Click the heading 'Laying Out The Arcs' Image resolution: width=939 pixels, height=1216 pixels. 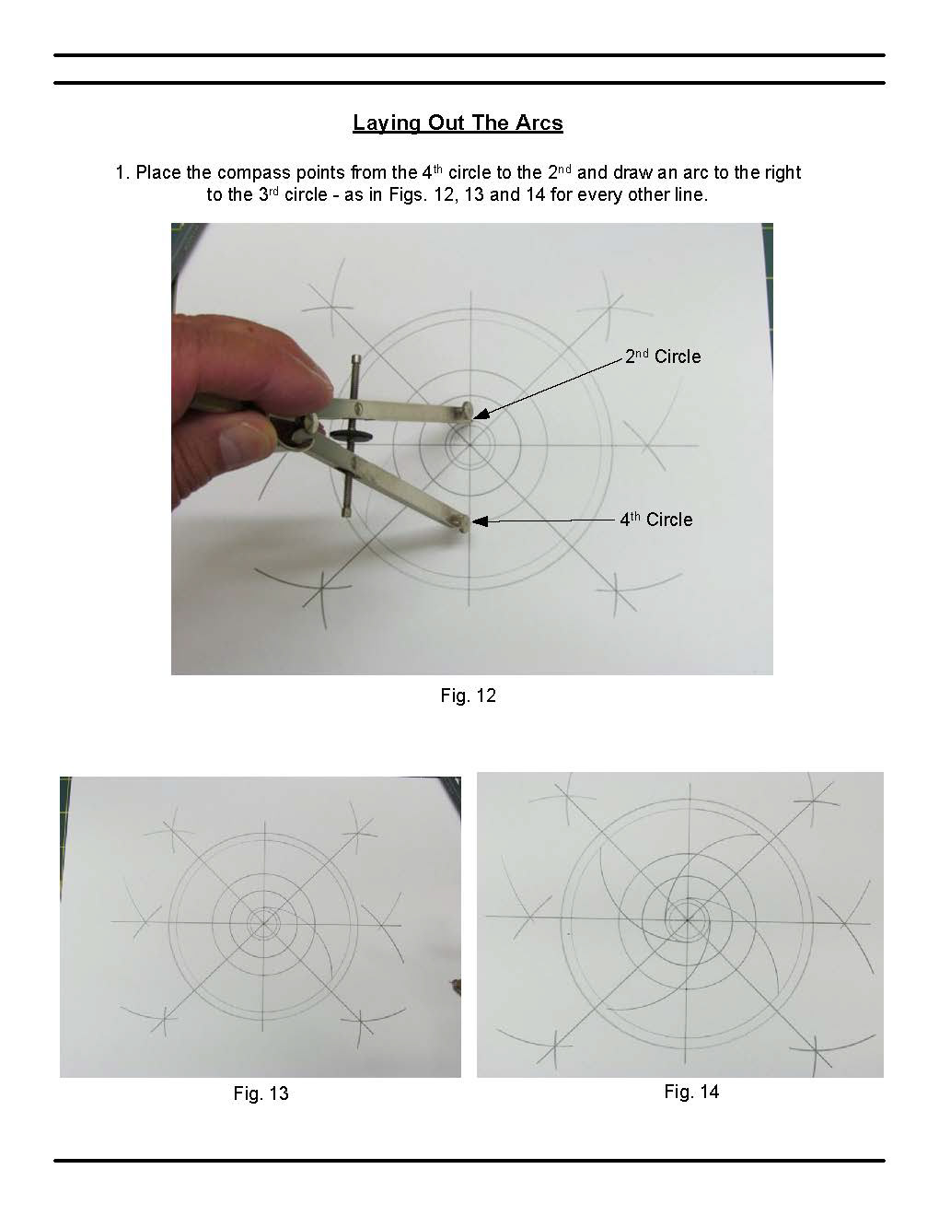click(458, 123)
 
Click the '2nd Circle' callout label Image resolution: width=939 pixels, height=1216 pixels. click(663, 357)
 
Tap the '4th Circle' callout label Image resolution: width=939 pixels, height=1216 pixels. click(656, 520)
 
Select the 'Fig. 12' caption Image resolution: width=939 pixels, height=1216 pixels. click(468, 696)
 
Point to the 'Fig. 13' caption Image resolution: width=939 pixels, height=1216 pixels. click(261, 1093)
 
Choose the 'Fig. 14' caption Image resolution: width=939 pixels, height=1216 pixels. click(691, 1092)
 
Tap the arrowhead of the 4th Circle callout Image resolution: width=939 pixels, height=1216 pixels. click(480, 521)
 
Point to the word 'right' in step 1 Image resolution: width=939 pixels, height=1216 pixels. click(782, 173)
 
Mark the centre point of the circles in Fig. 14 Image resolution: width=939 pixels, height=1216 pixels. click(688, 918)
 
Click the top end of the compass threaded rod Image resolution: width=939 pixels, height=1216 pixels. click(356, 357)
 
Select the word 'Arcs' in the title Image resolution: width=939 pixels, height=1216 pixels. click(539, 123)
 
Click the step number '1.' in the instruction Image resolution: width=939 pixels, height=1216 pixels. click(122, 173)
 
